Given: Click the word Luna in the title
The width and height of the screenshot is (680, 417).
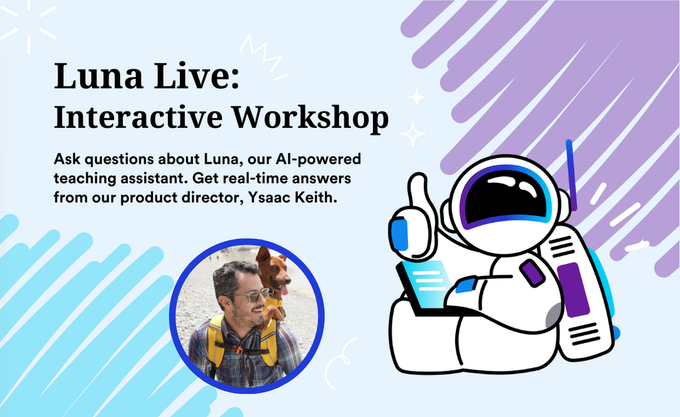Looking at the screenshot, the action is click(98, 76).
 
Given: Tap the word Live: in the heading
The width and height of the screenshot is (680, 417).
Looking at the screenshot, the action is click(197, 76).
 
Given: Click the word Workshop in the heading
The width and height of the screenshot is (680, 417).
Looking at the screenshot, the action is click(310, 117).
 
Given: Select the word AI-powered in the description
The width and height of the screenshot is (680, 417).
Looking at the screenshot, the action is click(318, 159).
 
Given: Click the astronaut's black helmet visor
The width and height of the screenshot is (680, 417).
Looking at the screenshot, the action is click(505, 195).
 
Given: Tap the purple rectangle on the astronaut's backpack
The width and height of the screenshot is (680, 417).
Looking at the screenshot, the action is click(573, 290).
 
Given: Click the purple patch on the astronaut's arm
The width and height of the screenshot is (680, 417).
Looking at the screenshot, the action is click(533, 273).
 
